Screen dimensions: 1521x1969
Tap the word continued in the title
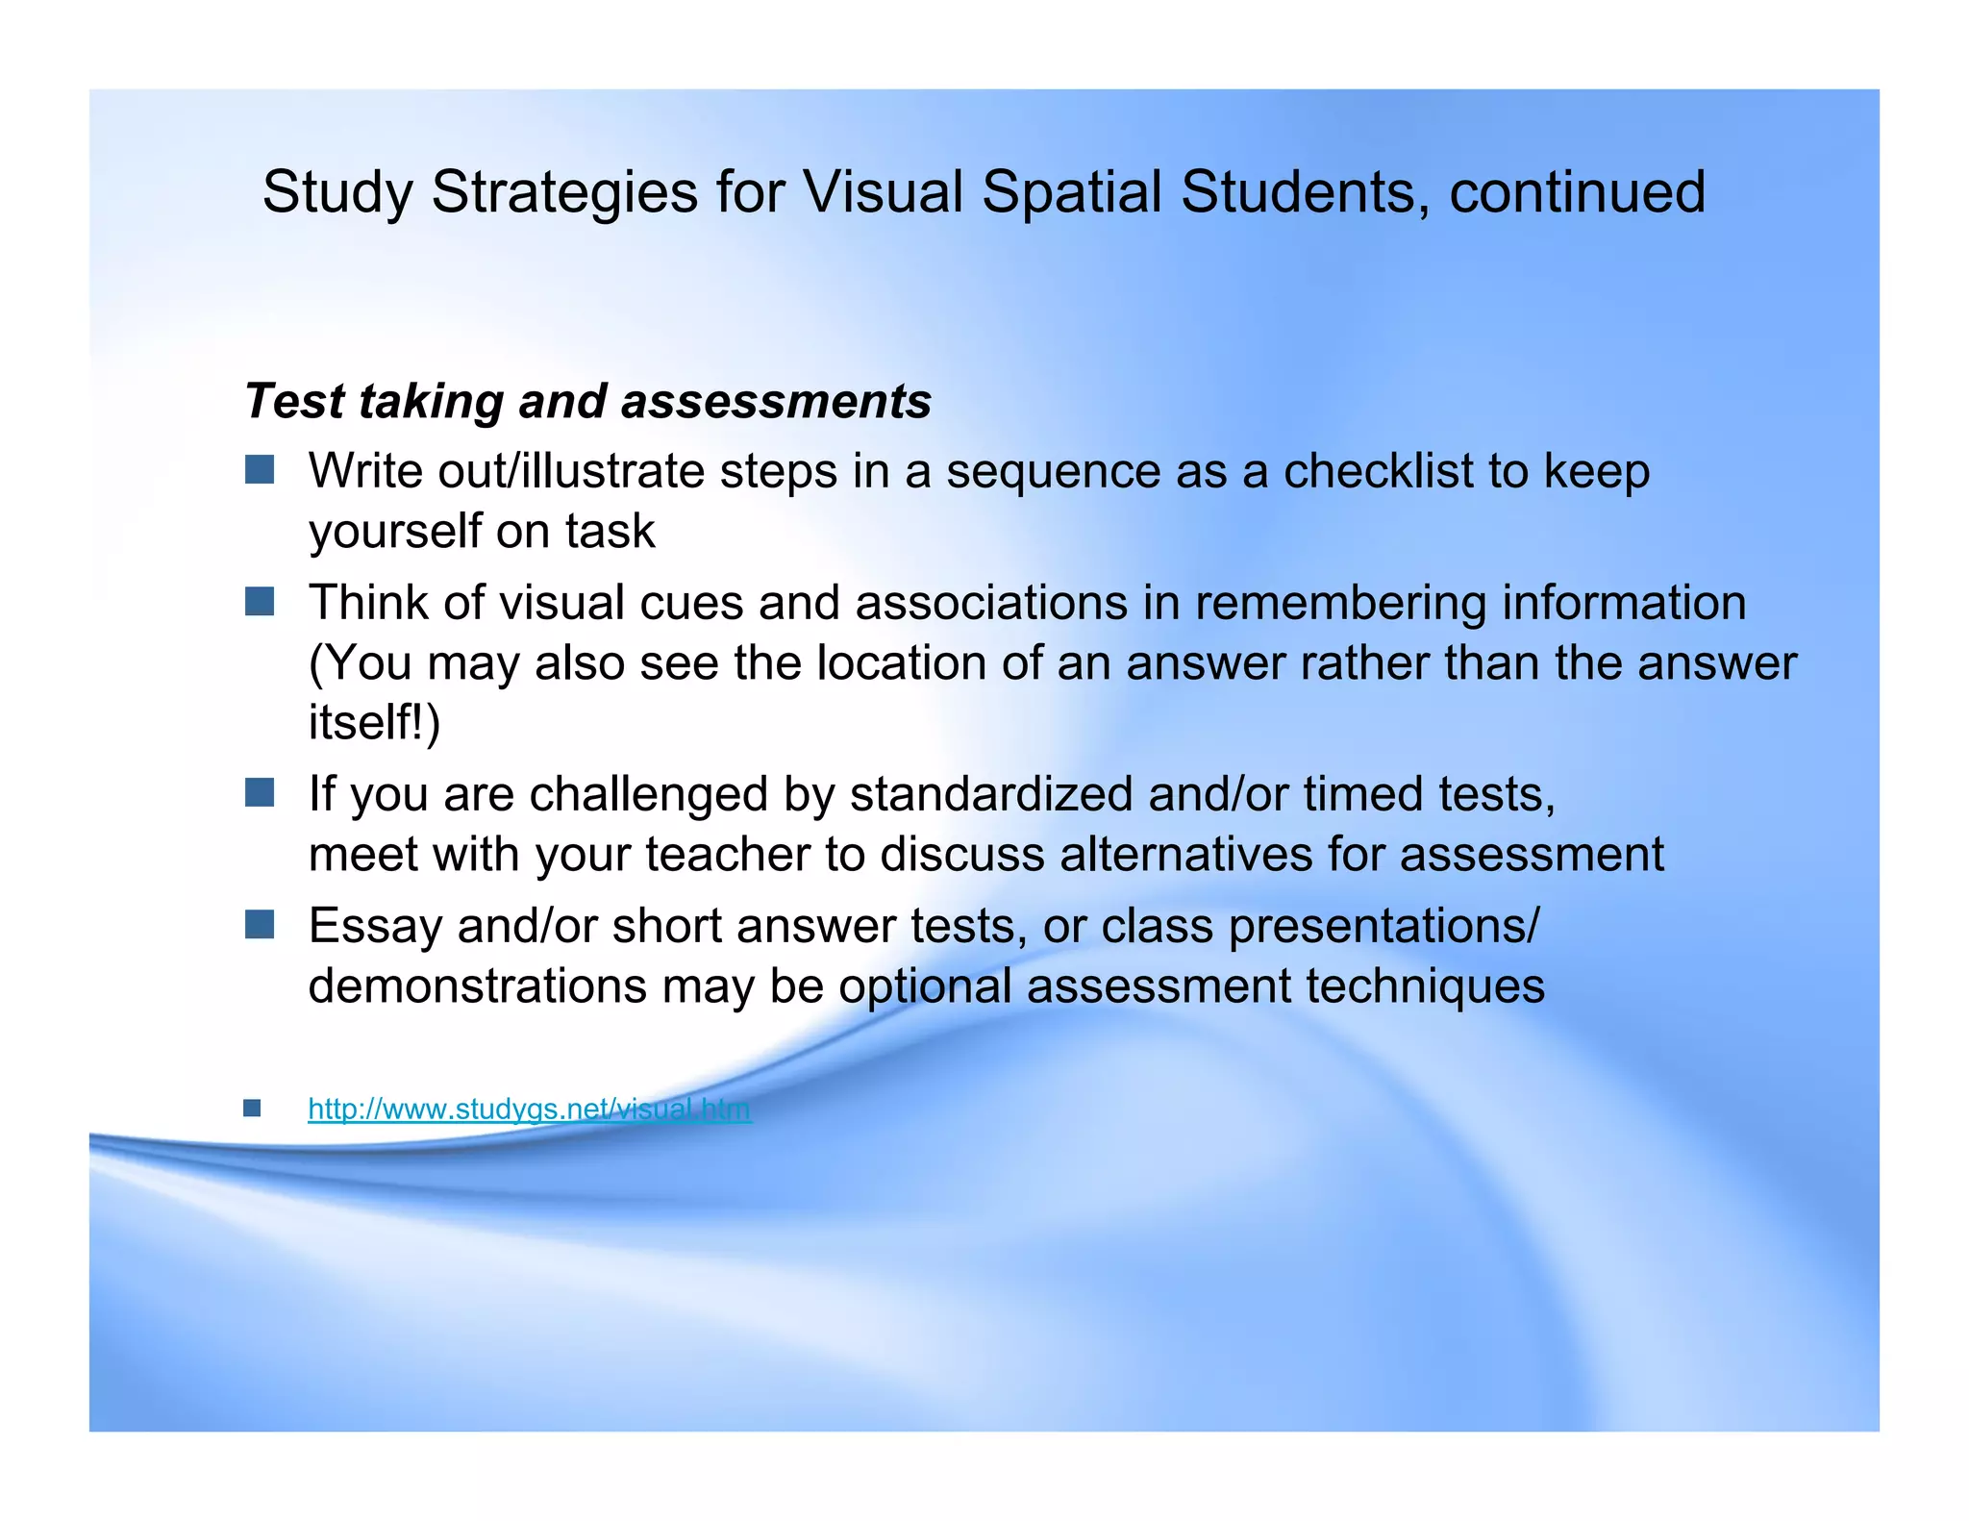point(1577,192)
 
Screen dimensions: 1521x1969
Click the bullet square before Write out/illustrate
point(260,470)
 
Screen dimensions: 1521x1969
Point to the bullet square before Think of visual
point(260,602)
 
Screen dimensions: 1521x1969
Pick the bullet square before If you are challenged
point(260,793)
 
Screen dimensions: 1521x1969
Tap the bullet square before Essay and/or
point(260,925)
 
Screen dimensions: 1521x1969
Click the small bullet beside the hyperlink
point(252,1109)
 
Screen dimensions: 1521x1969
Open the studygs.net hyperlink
point(529,1110)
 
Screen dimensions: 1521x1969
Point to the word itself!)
point(374,722)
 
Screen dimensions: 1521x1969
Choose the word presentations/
point(1383,927)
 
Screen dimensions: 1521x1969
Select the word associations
point(991,603)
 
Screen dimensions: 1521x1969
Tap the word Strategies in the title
point(564,192)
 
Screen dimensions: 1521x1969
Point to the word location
point(901,662)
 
